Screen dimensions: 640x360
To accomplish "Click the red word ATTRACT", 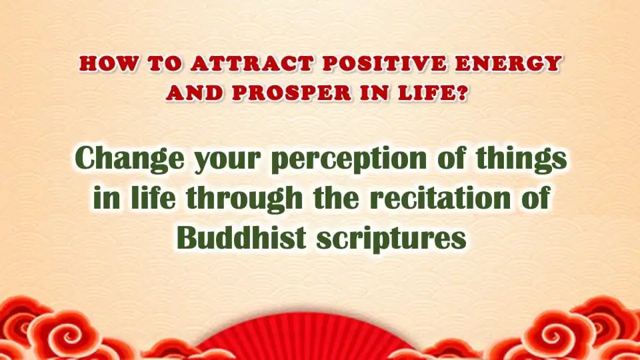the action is point(252,64).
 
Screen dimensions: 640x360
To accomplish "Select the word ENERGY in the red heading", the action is point(508,64).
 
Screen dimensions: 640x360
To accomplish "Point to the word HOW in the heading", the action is point(109,64).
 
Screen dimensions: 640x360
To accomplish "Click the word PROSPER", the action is point(292,93).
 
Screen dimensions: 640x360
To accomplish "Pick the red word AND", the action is point(194,93).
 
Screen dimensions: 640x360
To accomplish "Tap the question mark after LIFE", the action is point(461,93).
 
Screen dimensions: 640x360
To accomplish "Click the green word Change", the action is point(130,159).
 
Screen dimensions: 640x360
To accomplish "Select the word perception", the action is point(349,159).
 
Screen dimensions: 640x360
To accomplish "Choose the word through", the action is point(244,199).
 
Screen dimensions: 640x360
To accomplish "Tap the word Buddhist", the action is point(241,237).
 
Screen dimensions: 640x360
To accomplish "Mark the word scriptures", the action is point(391,239).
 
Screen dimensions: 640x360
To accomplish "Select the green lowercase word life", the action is point(153,197).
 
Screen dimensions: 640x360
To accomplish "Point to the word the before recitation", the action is point(336,198).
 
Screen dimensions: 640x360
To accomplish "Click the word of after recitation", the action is point(535,198).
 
